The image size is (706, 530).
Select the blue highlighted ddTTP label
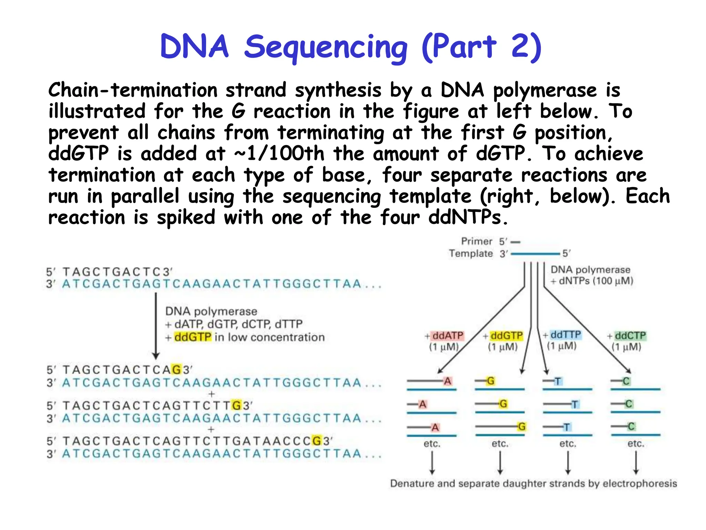[x=565, y=335]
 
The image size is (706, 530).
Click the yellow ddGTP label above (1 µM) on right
[x=506, y=335]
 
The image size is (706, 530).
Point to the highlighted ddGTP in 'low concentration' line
[x=193, y=337]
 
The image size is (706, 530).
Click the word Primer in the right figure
[x=476, y=241]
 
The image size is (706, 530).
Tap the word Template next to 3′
[x=471, y=254]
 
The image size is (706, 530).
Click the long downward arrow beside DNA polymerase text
[x=156, y=326]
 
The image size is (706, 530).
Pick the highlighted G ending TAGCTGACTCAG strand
[x=176, y=370]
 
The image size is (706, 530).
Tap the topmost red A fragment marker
[x=447, y=381]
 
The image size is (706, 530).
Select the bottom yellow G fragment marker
[x=522, y=427]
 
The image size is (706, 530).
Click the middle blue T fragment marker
[x=574, y=404]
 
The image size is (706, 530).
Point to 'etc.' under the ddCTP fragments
[x=636, y=443]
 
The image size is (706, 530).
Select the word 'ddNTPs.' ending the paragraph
[x=468, y=217]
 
